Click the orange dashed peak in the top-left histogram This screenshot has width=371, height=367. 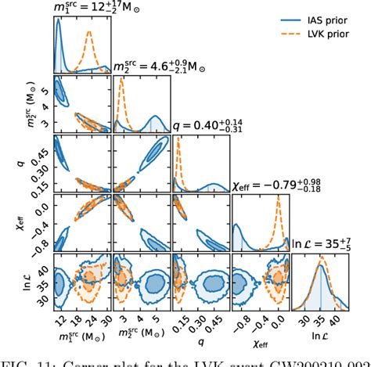tap(89, 32)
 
